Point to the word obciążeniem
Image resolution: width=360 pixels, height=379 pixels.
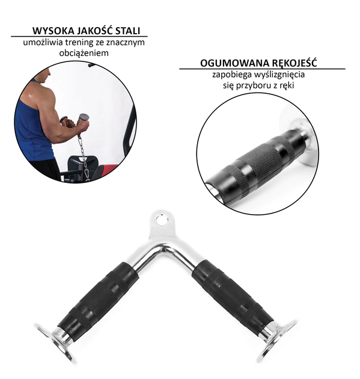(x=84, y=53)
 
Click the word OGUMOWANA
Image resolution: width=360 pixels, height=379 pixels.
(x=234, y=63)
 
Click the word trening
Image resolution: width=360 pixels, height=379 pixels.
(x=78, y=43)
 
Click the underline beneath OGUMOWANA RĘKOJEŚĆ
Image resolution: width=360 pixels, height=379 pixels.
(x=262, y=69)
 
